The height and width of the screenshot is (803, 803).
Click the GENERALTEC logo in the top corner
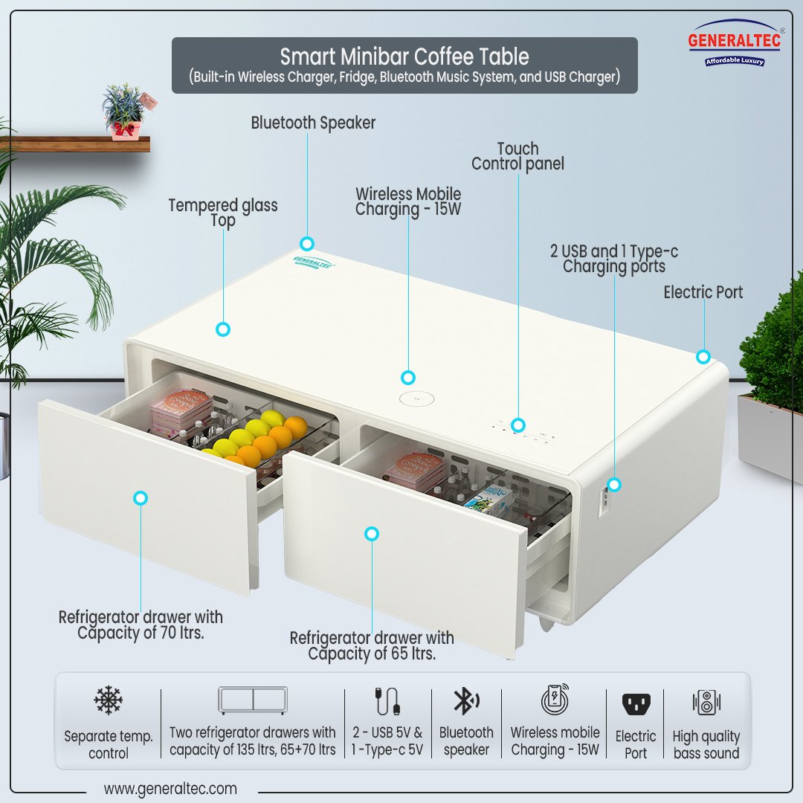(x=734, y=43)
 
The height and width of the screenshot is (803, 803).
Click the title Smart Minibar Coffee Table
(x=404, y=57)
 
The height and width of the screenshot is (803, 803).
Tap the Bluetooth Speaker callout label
(x=313, y=123)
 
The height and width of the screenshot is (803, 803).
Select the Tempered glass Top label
(x=223, y=213)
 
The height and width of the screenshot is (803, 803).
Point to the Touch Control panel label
(x=517, y=156)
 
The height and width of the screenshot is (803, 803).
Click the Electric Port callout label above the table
(x=703, y=292)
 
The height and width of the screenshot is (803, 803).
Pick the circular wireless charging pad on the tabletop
(x=416, y=399)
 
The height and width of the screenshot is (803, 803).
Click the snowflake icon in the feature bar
(x=108, y=700)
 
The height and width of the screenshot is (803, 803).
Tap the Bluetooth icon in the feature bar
(x=466, y=701)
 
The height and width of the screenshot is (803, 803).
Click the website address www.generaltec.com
(x=170, y=788)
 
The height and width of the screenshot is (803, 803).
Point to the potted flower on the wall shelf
(x=124, y=112)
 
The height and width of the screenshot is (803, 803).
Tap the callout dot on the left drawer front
(x=141, y=498)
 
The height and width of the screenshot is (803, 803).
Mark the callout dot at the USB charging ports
(x=614, y=486)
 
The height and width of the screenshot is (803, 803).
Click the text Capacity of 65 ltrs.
(x=372, y=654)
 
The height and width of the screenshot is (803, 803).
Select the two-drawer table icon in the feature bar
(x=253, y=700)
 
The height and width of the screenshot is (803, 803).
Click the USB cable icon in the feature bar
(x=387, y=701)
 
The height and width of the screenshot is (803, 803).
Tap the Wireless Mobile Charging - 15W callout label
(x=408, y=202)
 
